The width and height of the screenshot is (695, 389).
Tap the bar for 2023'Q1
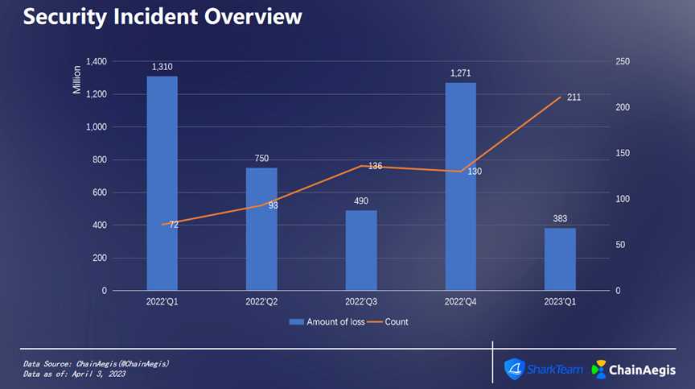(x=560, y=259)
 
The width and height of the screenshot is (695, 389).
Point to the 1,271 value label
(x=460, y=73)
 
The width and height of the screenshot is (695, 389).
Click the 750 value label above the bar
(x=261, y=159)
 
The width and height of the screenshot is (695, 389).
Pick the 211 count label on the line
(x=574, y=97)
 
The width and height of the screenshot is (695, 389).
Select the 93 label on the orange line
(x=273, y=205)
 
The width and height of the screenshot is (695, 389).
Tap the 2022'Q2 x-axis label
(x=261, y=301)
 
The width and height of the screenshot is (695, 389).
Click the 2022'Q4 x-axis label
(x=460, y=301)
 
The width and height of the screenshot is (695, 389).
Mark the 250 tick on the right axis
(x=601, y=62)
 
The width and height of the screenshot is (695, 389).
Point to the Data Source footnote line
(x=97, y=364)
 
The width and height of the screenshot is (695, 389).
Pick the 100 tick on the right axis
(x=601, y=199)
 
